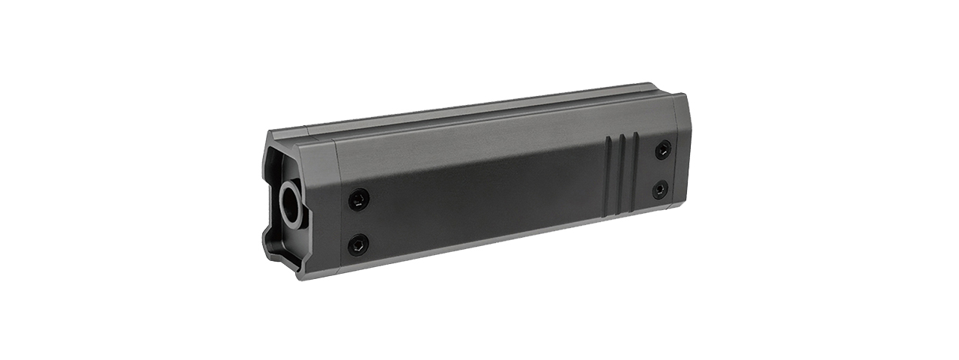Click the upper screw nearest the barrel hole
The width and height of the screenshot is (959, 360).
click(359, 199)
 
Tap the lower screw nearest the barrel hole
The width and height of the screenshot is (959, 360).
click(359, 244)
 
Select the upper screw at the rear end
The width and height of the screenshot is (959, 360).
click(663, 149)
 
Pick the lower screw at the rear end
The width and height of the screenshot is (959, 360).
click(660, 190)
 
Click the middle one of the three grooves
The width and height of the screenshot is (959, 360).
click(621, 175)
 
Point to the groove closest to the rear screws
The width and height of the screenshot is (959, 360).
click(635, 172)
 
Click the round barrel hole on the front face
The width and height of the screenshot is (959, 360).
click(289, 203)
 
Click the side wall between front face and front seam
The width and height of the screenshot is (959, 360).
click(318, 210)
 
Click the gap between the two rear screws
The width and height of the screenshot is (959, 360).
click(662, 169)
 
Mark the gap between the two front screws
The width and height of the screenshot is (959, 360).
click(359, 221)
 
